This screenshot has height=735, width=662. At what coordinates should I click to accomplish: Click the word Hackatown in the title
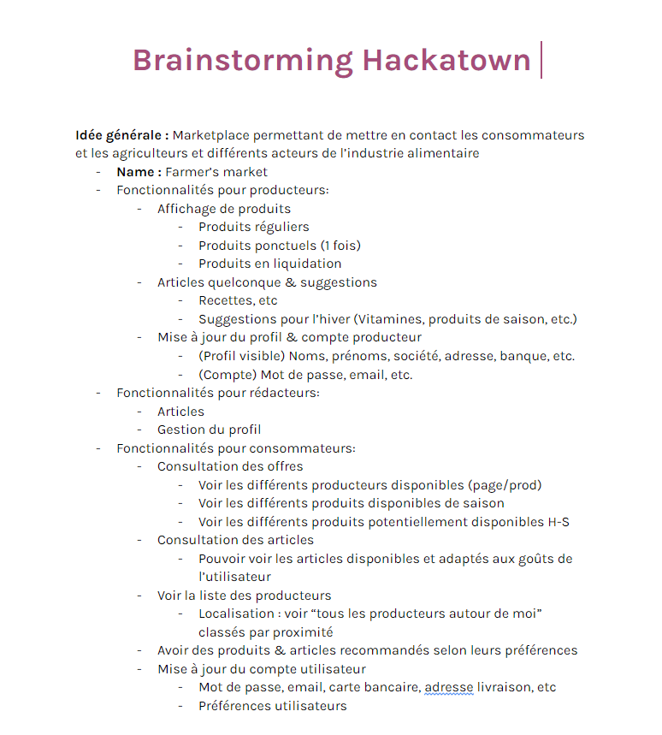446,61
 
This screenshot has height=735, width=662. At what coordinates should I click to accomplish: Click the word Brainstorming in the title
242,61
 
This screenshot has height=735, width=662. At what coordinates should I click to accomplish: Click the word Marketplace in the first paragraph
212,135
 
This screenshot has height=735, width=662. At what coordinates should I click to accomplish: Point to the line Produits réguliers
254,227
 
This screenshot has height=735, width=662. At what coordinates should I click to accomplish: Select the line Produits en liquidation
269,264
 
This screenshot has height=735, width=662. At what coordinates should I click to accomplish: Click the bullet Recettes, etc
238,300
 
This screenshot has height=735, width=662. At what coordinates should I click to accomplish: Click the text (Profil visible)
241,356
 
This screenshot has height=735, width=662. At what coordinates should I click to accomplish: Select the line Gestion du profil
209,430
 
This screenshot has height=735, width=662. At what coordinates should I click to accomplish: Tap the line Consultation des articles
235,540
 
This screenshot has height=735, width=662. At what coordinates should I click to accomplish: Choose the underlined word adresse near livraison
449,687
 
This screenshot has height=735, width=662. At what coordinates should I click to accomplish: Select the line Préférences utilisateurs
273,706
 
